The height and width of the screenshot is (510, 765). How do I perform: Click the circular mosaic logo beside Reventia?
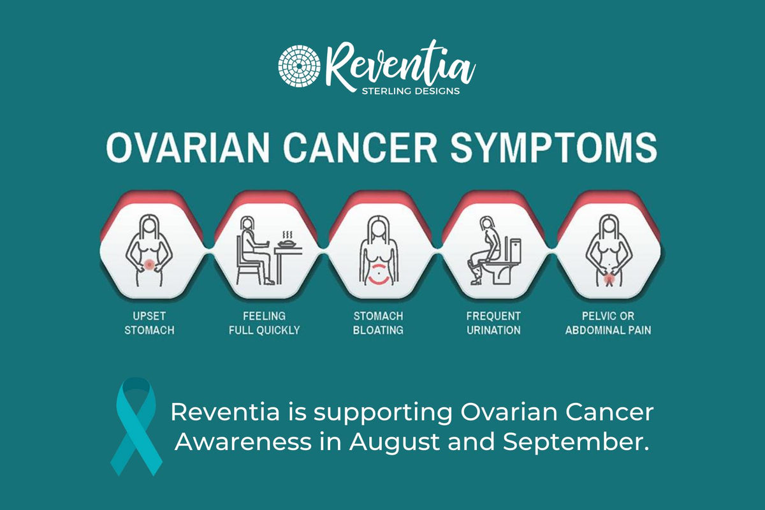(x=300, y=66)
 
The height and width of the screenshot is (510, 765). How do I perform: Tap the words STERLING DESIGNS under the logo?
(x=411, y=91)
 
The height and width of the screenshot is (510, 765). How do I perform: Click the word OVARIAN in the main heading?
(x=188, y=147)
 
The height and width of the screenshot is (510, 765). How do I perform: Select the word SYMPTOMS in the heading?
(x=554, y=147)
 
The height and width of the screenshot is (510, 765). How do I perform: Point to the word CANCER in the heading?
(x=360, y=147)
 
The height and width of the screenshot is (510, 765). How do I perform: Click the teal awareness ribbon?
(x=136, y=426)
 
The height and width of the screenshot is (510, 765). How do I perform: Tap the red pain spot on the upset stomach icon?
(x=149, y=265)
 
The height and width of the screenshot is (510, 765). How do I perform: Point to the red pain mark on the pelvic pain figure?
(x=609, y=279)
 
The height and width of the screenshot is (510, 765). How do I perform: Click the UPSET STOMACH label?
(x=149, y=323)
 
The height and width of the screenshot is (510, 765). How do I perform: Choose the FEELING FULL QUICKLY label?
(x=265, y=323)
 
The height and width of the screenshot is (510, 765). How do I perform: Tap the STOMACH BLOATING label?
(x=379, y=323)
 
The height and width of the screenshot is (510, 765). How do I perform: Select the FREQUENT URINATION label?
(x=493, y=323)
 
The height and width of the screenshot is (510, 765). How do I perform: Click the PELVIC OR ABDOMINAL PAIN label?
(x=608, y=323)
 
